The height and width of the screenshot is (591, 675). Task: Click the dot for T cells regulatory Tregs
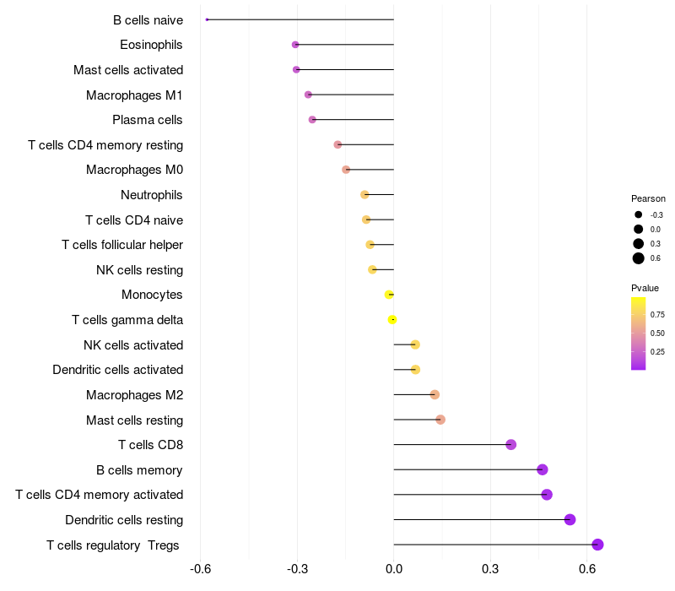click(597, 545)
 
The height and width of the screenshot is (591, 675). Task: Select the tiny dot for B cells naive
click(207, 19)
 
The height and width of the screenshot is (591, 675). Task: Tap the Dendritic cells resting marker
click(570, 519)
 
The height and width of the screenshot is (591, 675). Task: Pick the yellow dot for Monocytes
click(389, 295)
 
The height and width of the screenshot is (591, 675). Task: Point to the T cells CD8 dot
click(510, 445)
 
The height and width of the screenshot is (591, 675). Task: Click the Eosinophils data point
click(295, 45)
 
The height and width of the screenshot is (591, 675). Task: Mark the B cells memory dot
click(543, 469)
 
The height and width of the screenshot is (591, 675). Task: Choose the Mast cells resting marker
click(440, 420)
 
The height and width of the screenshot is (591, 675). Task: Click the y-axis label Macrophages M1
click(134, 95)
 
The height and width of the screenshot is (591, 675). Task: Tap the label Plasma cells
click(148, 120)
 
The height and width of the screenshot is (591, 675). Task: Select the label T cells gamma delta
click(127, 320)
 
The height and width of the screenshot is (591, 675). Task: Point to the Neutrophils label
click(152, 195)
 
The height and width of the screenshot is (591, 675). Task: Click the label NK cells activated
click(133, 344)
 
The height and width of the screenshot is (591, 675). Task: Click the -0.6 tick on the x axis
click(200, 569)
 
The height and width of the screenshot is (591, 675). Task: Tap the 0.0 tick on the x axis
click(394, 569)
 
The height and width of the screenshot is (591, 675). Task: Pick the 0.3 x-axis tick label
click(490, 569)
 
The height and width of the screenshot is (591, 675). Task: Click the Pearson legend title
click(648, 198)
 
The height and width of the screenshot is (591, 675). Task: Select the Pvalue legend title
click(645, 288)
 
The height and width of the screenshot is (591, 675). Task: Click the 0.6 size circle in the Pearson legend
click(639, 258)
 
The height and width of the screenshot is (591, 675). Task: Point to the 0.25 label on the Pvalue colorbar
click(657, 352)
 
